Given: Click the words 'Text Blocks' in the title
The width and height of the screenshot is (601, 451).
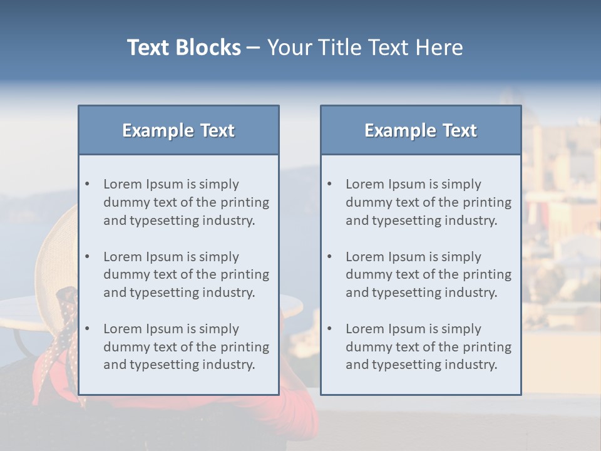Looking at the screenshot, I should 183,48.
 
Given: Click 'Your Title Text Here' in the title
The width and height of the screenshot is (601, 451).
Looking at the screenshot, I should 365,48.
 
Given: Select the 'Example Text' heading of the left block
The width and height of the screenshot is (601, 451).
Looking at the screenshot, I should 178,130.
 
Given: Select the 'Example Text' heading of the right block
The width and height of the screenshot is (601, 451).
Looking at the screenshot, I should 421,130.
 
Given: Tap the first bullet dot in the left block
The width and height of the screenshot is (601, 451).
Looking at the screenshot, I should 87,184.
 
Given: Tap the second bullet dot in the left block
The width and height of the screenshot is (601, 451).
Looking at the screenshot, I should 87,257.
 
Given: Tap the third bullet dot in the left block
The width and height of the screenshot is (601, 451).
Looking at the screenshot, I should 87,329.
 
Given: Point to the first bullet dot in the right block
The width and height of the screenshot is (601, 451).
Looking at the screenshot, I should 329,184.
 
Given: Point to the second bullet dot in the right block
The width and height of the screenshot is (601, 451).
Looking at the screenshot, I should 329,257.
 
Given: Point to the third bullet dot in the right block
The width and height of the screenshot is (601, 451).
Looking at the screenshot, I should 329,329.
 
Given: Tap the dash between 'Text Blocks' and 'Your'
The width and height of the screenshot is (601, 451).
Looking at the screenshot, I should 254,48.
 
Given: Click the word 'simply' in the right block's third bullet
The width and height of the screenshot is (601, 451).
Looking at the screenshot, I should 461,329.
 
